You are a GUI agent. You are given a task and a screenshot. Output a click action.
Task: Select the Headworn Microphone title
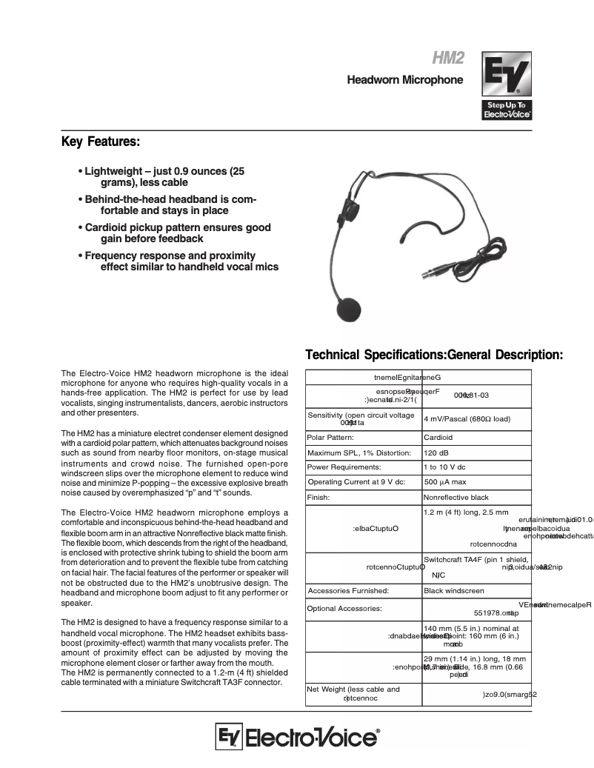405,80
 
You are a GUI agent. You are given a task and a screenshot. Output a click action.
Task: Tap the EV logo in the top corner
507,86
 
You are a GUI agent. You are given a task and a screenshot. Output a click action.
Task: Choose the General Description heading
506,355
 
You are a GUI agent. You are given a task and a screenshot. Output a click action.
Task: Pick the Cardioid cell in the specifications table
438,438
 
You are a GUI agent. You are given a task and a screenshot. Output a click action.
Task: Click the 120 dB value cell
436,453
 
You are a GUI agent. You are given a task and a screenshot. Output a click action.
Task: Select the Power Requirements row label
344,467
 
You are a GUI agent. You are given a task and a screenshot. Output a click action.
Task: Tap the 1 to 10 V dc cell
444,467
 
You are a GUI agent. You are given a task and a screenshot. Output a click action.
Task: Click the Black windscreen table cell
453,591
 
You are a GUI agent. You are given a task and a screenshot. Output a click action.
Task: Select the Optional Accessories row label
344,609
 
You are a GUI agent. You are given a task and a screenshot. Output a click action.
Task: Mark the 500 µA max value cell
445,482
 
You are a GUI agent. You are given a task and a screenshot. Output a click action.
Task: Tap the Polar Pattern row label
330,438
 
